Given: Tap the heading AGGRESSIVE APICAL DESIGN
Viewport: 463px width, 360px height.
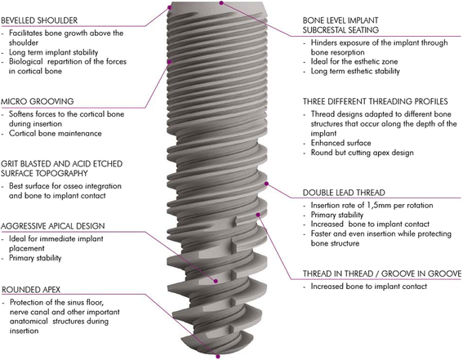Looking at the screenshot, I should (63, 224).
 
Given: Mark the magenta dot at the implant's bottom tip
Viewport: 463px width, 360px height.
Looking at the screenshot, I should (217, 354).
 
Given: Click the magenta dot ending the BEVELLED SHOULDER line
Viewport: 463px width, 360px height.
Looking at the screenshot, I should (170, 6).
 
